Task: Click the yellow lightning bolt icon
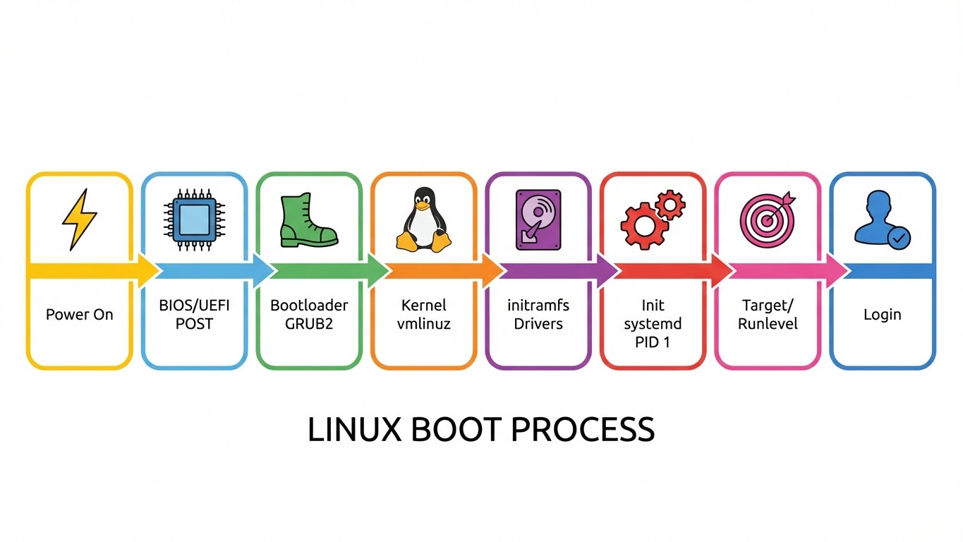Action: (79, 219)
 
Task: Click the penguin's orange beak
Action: (423, 206)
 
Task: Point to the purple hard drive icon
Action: (538, 219)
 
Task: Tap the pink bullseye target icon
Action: (767, 219)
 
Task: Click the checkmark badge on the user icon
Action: (898, 239)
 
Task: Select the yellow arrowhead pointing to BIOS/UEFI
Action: (149, 271)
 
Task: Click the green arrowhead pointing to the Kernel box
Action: (378, 271)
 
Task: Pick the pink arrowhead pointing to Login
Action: (837, 271)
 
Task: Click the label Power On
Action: (79, 315)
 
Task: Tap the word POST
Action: (194, 323)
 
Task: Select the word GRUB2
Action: (309, 323)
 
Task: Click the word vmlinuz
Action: (423, 323)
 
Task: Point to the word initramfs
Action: (538, 306)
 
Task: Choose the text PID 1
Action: (653, 341)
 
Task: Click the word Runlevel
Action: (768, 323)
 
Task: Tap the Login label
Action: (882, 315)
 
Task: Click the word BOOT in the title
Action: (455, 430)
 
